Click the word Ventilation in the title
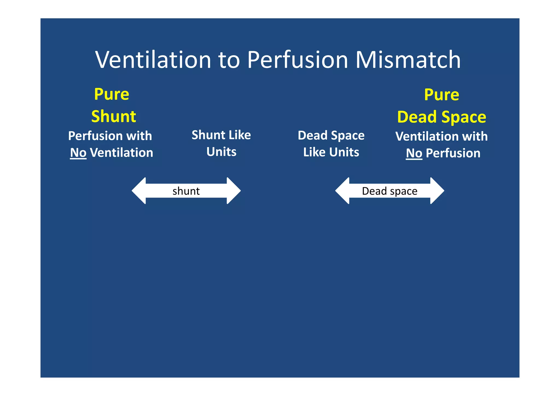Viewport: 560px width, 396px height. coord(153,60)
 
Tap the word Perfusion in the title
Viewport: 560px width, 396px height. coord(297,60)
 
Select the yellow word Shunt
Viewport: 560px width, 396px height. coord(113,116)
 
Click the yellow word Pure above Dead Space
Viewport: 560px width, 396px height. coord(442,95)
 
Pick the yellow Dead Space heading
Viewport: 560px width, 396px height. coord(442,117)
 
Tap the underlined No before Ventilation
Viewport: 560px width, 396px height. coord(78,153)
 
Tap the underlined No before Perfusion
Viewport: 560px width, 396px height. coord(414,153)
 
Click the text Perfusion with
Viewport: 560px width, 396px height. coord(110,136)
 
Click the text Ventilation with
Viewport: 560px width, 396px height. coord(442,136)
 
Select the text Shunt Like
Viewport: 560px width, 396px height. coord(221,135)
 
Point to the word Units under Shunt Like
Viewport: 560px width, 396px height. coord(221,152)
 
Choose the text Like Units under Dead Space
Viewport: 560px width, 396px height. coord(331,152)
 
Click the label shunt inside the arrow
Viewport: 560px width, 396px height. coord(186,191)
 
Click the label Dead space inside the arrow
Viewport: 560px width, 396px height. coord(390,191)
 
